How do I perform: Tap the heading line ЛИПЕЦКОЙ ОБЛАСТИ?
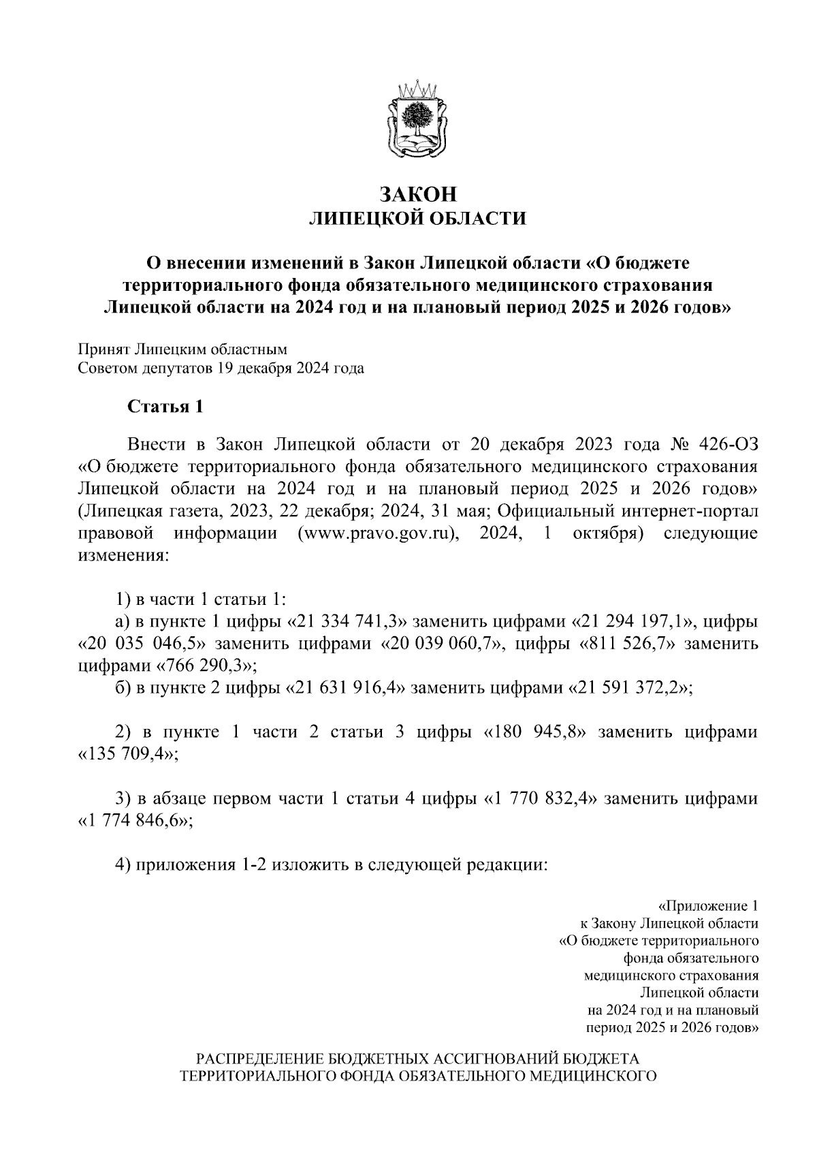(x=417, y=219)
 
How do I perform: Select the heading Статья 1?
(x=165, y=407)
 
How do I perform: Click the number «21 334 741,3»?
(x=348, y=622)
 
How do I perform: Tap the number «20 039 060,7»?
(x=440, y=644)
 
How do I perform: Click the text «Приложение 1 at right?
(x=708, y=907)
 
